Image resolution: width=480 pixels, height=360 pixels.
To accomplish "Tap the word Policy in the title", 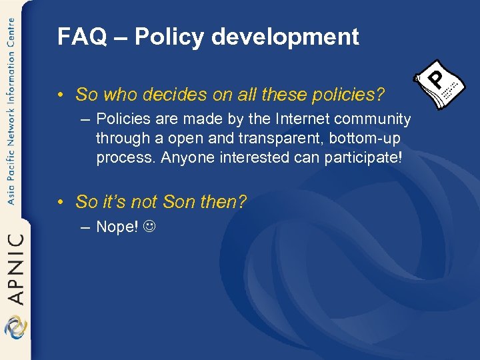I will (x=169, y=37).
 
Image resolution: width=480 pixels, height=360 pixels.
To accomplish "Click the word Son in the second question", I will (x=176, y=201).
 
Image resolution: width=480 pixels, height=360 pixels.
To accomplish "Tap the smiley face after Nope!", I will (x=149, y=227).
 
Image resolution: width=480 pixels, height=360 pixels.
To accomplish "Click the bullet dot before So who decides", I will (x=60, y=95).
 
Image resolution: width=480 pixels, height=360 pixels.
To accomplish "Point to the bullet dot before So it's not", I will (x=60, y=202).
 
